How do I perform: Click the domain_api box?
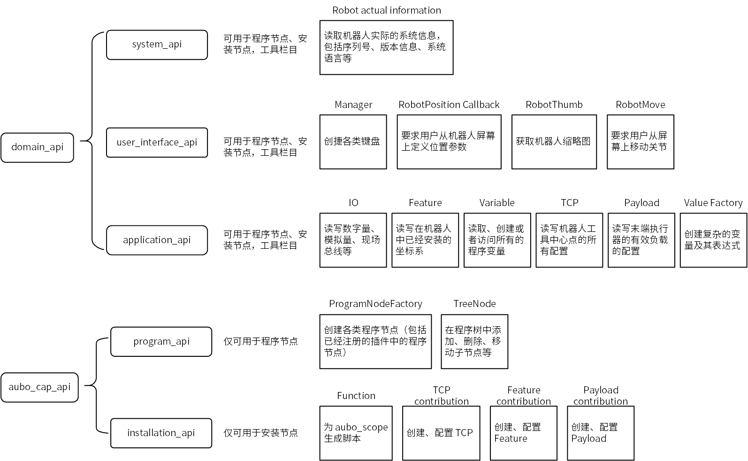click(37, 147)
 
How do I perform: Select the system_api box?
click(157, 45)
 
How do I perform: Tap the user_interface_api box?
click(157, 142)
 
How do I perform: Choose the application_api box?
click(157, 240)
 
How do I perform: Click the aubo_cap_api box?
click(39, 387)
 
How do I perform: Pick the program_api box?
click(161, 341)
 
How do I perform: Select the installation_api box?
click(161, 433)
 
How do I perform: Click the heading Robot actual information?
click(386, 10)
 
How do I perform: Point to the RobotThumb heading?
click(554, 105)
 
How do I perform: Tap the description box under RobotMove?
click(641, 142)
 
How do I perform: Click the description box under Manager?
click(353, 142)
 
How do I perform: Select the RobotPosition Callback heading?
click(449, 105)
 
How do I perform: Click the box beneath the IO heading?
click(353, 240)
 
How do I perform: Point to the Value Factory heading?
click(713, 203)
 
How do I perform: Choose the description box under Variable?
click(497, 240)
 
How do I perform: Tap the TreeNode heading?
click(474, 304)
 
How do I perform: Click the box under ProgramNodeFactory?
click(375, 341)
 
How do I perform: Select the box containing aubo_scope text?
click(356, 433)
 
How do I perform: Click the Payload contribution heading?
click(601, 396)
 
